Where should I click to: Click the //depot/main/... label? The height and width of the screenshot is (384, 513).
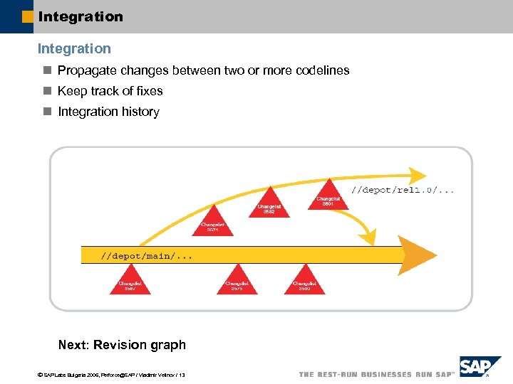[147, 255]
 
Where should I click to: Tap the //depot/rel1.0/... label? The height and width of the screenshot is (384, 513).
[404, 191]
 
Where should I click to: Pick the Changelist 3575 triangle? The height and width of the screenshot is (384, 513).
[237, 282]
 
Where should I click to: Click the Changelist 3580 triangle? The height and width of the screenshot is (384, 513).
[304, 282]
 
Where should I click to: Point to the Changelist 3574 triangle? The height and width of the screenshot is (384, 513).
[212, 222]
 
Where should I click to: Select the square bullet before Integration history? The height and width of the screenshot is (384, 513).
[48, 112]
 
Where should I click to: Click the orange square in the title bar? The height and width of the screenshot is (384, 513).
[28, 16]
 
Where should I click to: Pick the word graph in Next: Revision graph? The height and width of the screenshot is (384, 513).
[169, 345]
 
